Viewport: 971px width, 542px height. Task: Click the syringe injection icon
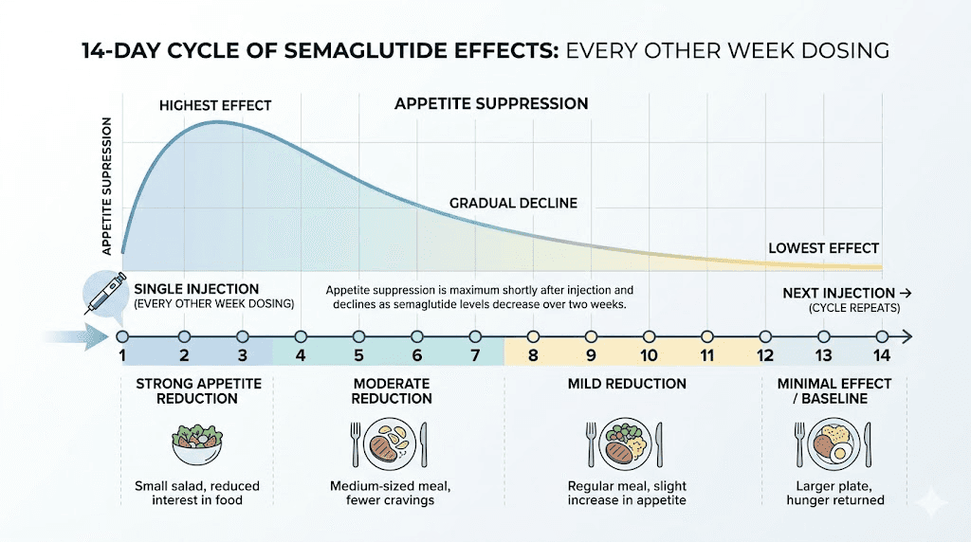coord(102,293)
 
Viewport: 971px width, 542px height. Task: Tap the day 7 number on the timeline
coord(475,355)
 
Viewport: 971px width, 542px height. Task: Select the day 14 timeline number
coord(881,355)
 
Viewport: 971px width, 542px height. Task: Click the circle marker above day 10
coord(650,336)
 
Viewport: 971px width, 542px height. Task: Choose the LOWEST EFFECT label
coord(823,248)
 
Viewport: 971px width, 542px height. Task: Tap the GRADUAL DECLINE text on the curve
coord(513,204)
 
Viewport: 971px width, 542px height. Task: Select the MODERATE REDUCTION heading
coord(392,391)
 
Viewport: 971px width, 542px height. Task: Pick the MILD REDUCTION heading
coord(627,384)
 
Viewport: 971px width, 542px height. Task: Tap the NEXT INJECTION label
coord(838,294)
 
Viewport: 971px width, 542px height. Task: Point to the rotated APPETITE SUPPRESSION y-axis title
coord(107,187)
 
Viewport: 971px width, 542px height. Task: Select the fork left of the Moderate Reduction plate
coord(356,442)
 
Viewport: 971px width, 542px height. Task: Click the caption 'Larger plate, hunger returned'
coord(834,493)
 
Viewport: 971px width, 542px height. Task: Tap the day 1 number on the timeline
coord(122,355)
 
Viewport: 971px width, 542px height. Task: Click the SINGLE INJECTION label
coord(197,289)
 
